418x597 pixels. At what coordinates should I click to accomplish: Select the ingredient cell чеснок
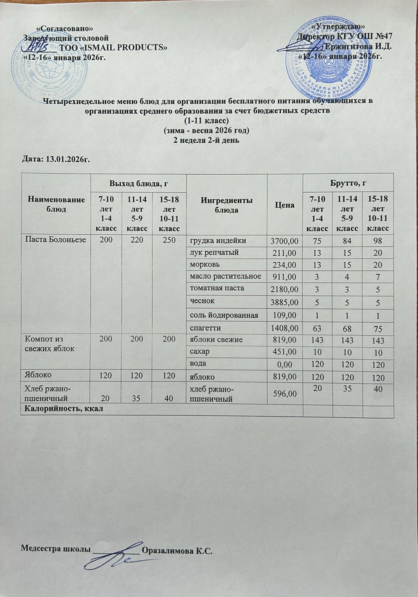pos(203,301)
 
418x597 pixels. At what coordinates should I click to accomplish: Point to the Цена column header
pos(285,205)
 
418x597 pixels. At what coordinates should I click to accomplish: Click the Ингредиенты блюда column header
pos(227,205)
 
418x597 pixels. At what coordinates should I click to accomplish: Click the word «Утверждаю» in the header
pos(338,26)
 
